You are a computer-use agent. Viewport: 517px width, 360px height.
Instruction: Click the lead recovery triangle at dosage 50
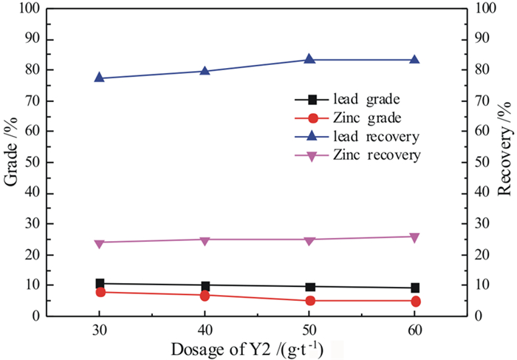click(309, 59)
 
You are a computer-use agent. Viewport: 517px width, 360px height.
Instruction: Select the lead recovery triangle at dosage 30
click(100, 78)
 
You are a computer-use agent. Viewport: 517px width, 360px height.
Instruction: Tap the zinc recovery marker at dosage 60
click(414, 237)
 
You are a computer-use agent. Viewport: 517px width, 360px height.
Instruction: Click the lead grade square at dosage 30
click(100, 283)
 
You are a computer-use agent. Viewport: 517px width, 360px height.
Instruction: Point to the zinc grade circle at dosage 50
click(309, 301)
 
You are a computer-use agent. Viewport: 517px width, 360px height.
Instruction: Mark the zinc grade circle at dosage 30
click(100, 292)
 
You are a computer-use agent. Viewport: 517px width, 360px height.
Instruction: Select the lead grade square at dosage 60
click(414, 288)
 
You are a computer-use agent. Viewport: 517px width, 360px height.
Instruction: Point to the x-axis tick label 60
click(414, 330)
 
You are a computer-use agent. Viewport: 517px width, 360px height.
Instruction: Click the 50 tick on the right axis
click(480, 162)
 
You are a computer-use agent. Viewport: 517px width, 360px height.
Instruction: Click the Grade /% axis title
click(13, 162)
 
